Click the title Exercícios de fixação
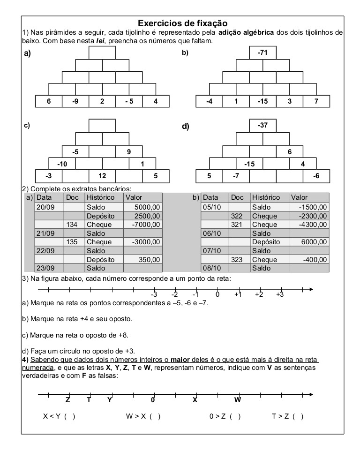pyautogui.click(x=182, y=23)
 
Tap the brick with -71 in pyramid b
pyautogui.click(x=263, y=53)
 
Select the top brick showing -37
pyautogui.click(x=263, y=125)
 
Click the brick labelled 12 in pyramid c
pyautogui.click(x=102, y=176)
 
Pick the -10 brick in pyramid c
pyautogui.click(x=62, y=164)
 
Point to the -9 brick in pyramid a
pyautogui.click(x=75, y=101)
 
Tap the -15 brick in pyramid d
pyautogui.click(x=249, y=164)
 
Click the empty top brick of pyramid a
pyautogui.click(x=102, y=53)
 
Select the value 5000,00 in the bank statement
pyautogui.click(x=147, y=207)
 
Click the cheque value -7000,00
pyautogui.click(x=147, y=225)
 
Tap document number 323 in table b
pyautogui.click(x=238, y=259)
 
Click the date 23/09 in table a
pyautogui.click(x=45, y=268)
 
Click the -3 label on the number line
pyautogui.click(x=154, y=294)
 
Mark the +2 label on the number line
pyautogui.click(x=259, y=294)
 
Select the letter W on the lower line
pyautogui.click(x=238, y=400)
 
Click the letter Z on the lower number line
pyautogui.click(x=67, y=400)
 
